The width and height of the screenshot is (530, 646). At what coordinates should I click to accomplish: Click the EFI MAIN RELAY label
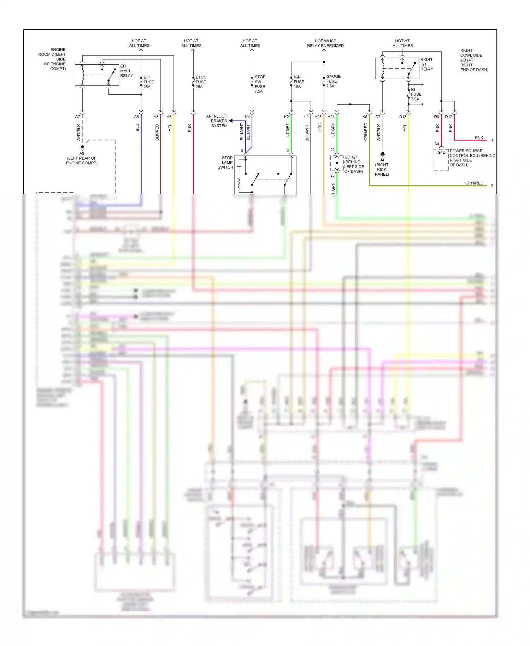[x=126, y=71]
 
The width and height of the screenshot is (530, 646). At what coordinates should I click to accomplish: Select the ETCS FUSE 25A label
[x=201, y=82]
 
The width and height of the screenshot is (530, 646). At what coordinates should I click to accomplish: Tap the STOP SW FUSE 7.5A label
[x=260, y=84]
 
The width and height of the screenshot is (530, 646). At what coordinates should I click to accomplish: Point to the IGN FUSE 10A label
[x=299, y=82]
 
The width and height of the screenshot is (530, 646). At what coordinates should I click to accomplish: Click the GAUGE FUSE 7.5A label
[x=333, y=81]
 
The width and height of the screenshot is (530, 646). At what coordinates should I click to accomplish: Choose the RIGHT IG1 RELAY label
[x=426, y=64]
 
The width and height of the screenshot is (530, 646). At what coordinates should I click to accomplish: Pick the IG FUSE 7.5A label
[x=416, y=94]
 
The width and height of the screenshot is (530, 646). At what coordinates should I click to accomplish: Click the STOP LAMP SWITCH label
[x=225, y=163]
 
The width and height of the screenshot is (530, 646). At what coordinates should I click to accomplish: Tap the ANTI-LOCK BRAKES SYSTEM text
[x=217, y=121]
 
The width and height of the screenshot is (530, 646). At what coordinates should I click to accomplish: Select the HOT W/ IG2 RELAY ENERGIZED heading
[x=325, y=43]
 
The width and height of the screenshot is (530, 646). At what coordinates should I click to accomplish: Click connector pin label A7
[x=78, y=117]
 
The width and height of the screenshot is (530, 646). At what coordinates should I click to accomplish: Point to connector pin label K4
[x=247, y=117]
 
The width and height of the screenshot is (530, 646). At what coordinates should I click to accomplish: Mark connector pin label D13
[x=403, y=117]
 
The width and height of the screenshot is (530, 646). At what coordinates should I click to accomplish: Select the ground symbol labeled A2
[x=82, y=147]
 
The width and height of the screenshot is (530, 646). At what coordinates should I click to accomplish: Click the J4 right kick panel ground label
[x=382, y=167]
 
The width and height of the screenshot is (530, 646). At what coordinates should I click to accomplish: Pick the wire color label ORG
[x=320, y=127]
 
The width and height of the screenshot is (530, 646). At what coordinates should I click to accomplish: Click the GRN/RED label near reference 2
[x=474, y=183]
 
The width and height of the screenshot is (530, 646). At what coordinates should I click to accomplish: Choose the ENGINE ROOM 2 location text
[x=53, y=59]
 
